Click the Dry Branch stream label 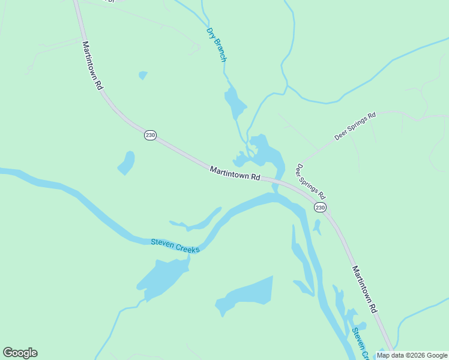[215, 44]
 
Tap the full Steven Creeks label [175, 245]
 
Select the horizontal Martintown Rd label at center [235, 174]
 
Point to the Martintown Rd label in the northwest [92, 65]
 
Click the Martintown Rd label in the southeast [364, 289]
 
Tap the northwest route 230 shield [150, 136]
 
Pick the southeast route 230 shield [320, 207]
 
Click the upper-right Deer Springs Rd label [355, 125]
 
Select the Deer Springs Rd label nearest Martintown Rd [310, 181]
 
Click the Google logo [20, 353]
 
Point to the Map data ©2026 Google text [412, 355]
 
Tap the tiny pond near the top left [142, 75]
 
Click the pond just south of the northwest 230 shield [126, 162]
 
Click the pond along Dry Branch [234, 104]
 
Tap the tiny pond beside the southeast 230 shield [317, 226]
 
